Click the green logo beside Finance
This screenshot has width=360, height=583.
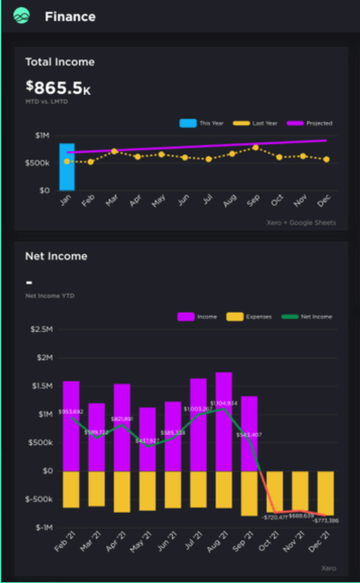point(21,16)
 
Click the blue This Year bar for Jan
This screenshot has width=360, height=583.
point(67,167)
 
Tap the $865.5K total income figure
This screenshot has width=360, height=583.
point(58,88)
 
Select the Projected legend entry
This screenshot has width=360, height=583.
point(310,124)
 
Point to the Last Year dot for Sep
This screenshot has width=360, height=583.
point(255,148)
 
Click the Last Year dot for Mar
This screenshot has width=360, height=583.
point(114,151)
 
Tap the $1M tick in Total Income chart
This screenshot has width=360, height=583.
point(42,136)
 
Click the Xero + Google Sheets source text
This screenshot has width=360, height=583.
point(301,222)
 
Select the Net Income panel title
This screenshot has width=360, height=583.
point(56,256)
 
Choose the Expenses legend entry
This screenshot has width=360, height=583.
point(249,316)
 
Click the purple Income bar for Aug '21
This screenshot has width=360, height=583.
point(224,422)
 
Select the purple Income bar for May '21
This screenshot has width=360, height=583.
point(148,439)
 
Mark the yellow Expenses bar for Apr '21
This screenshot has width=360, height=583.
point(122,492)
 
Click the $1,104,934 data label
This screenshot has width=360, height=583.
point(224,403)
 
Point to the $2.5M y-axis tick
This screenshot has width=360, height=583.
point(42,329)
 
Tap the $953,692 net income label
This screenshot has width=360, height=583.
point(71,412)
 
